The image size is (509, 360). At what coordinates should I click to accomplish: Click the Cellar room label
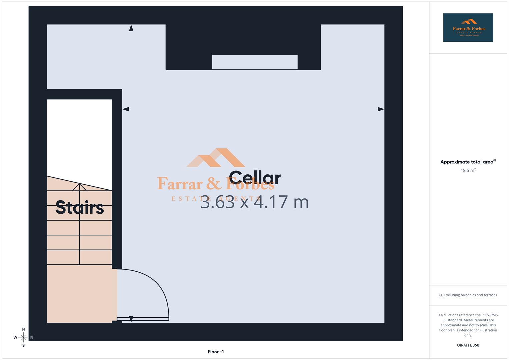click(x=255, y=178)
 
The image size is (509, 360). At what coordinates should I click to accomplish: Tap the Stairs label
click(x=80, y=207)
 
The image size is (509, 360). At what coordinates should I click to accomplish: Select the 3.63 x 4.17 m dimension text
click(x=254, y=202)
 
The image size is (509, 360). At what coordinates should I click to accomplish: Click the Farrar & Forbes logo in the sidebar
click(x=468, y=28)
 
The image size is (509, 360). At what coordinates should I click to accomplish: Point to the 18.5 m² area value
click(x=468, y=170)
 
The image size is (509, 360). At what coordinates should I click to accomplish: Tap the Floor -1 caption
click(x=216, y=352)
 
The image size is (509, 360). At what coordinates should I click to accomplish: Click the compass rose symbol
click(x=23, y=337)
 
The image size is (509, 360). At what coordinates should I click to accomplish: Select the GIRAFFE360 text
click(x=468, y=345)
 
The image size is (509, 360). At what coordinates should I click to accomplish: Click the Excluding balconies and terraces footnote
click(x=468, y=295)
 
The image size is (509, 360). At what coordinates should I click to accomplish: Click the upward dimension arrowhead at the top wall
click(x=131, y=28)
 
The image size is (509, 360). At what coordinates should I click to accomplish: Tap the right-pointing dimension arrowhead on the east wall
click(x=381, y=109)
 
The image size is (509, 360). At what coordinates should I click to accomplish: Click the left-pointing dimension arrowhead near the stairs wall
click(x=126, y=109)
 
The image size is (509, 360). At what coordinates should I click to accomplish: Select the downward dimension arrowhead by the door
click(x=131, y=319)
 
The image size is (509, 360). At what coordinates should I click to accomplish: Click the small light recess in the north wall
click(x=255, y=62)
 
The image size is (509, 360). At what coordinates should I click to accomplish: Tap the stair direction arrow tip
click(x=79, y=184)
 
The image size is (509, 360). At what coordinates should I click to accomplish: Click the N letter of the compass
click(x=23, y=329)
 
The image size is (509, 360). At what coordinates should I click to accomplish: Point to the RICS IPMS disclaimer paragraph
click(x=468, y=325)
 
